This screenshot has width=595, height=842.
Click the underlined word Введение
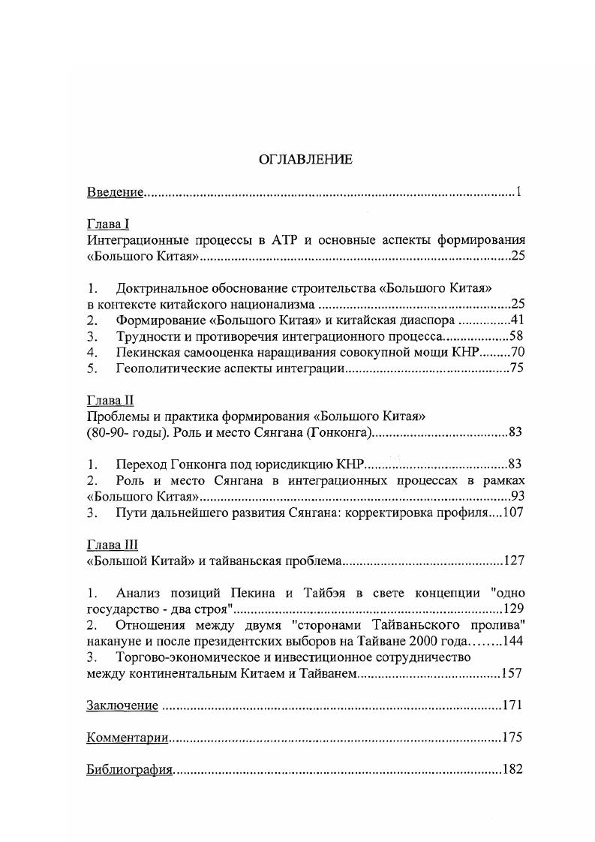(115, 192)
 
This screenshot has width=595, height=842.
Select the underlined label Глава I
(109, 224)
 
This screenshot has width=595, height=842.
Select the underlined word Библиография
(130, 769)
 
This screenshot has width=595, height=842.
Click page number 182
(512, 769)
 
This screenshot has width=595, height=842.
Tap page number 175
(512, 737)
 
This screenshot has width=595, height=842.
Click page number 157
(512, 672)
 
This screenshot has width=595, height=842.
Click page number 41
(516, 320)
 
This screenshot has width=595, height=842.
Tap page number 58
(516, 336)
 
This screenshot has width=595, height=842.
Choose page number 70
(516, 352)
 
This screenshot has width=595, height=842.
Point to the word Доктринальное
(161, 288)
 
